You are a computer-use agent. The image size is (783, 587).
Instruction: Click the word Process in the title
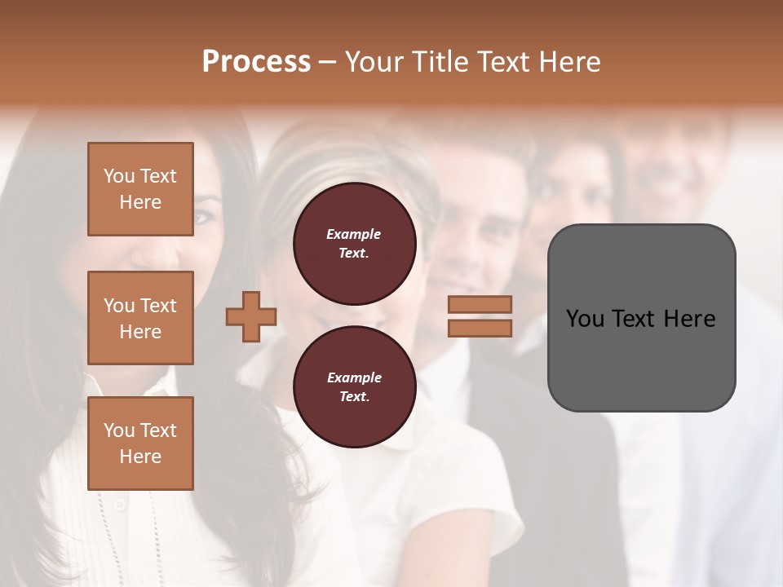point(256,62)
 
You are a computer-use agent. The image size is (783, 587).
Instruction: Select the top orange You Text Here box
point(140,189)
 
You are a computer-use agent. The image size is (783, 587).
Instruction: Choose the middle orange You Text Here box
point(140,318)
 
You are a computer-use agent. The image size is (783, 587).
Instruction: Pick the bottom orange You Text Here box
point(140,444)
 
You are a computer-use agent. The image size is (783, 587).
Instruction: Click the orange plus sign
point(251,316)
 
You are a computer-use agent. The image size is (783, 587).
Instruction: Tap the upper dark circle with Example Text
point(354,244)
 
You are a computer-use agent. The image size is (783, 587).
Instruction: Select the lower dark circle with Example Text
point(354,387)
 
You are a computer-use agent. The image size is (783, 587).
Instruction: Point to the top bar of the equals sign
point(480,304)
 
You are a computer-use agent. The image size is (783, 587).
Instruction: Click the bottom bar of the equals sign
point(480,329)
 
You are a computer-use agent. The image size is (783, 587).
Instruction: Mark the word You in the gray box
point(585,319)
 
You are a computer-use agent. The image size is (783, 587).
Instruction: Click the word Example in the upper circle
point(354,235)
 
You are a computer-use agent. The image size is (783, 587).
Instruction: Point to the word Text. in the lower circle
point(354,397)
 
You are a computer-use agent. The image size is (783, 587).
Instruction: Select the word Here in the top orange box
point(140,202)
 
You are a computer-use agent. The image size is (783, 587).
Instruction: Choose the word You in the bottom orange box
point(119,430)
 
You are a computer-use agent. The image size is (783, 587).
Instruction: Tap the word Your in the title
point(374,62)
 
